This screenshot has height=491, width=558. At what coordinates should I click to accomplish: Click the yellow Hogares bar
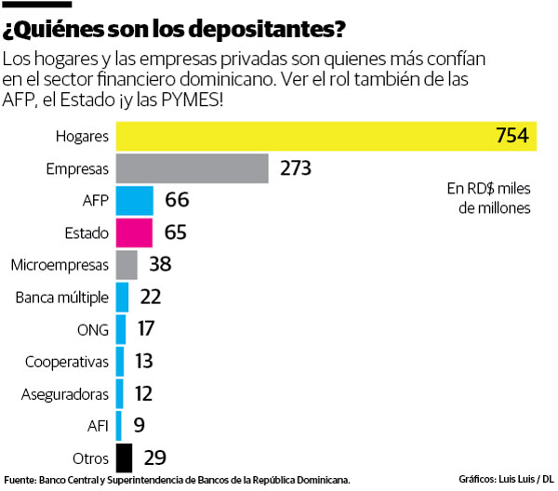(x=325, y=137)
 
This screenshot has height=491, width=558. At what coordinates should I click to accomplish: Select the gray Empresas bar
(x=193, y=169)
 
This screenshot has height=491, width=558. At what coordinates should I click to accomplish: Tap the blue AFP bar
(x=135, y=201)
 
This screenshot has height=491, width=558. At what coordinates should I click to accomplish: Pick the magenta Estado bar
(x=135, y=232)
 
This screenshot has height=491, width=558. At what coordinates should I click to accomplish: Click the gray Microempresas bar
(x=126, y=265)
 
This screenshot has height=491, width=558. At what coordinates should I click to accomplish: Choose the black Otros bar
(x=124, y=458)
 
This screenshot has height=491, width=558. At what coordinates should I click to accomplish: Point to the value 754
(x=511, y=137)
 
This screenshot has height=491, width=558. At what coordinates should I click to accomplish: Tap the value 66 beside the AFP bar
(x=177, y=201)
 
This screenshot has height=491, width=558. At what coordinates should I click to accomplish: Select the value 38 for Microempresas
(x=160, y=265)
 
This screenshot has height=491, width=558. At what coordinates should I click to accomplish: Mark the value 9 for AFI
(x=139, y=426)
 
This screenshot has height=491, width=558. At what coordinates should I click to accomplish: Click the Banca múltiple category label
(x=62, y=298)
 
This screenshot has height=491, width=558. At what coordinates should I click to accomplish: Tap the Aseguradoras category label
(x=65, y=394)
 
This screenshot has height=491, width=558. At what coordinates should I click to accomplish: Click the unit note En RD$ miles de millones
(x=488, y=199)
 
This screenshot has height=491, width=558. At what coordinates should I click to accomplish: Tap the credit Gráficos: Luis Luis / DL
(x=505, y=479)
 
